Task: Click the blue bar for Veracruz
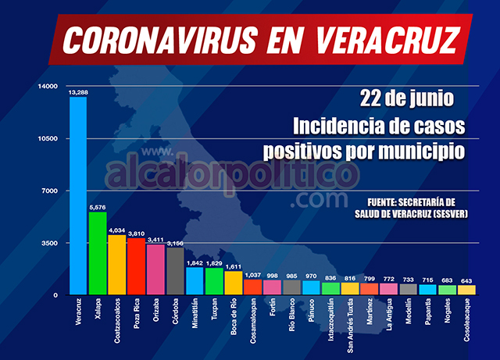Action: tap(78, 195)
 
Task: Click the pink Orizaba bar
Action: tap(155, 269)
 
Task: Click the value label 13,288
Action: tap(78, 92)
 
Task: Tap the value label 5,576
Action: tap(98, 207)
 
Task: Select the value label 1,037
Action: tap(253, 274)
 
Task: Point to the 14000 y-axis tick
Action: tap(48, 86)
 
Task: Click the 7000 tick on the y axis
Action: tap(51, 191)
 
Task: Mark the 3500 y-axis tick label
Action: tap(51, 243)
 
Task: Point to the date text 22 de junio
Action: tap(406, 100)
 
